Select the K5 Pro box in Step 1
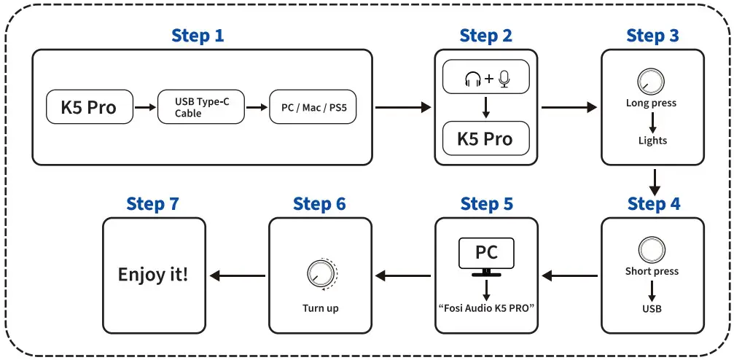91,108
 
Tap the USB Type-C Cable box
202,108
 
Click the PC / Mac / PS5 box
313,108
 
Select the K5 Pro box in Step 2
485,139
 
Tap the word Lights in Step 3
652,140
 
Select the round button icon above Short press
651,249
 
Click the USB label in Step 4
652,308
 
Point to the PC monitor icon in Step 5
486,256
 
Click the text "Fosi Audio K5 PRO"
486,308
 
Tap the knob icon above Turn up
320,273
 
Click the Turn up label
320,308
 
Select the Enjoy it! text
153,275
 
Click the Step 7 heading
152,204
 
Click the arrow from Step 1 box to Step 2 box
403,108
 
